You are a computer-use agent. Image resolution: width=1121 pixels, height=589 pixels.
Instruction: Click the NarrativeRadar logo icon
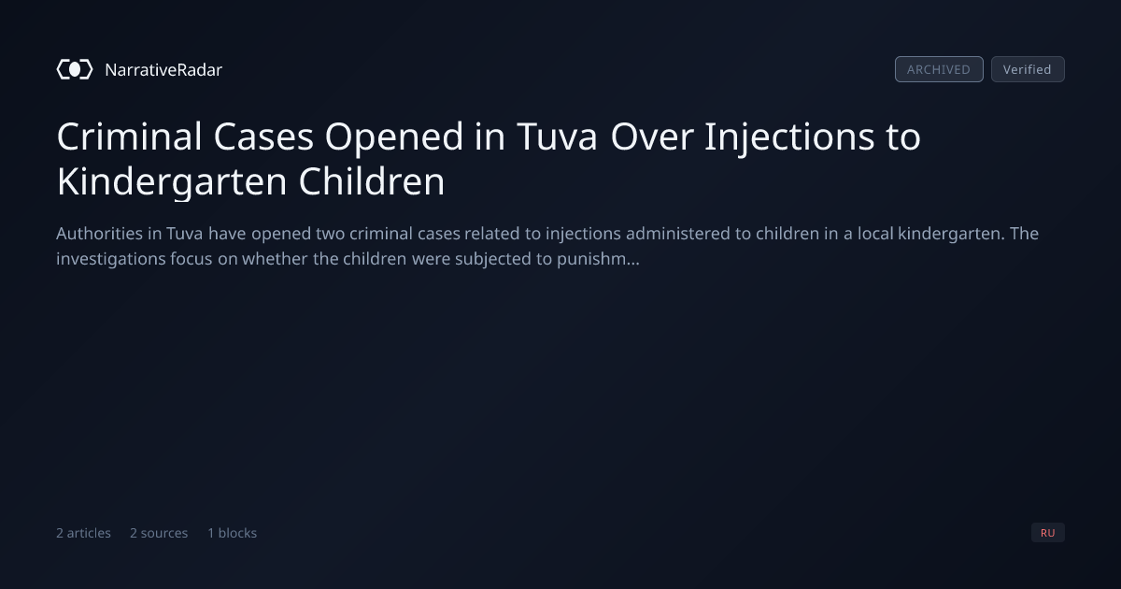(x=75, y=69)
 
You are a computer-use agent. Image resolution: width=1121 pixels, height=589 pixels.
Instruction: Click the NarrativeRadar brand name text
(x=163, y=69)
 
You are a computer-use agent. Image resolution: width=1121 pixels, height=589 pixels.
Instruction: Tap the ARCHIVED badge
(x=939, y=69)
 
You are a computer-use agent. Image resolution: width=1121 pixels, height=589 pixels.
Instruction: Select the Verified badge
(x=1028, y=69)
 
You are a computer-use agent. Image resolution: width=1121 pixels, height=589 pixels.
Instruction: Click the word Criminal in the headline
(x=130, y=136)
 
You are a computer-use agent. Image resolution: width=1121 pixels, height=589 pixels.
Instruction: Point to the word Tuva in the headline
(x=557, y=136)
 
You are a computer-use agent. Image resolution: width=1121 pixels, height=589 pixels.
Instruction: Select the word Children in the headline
(x=372, y=180)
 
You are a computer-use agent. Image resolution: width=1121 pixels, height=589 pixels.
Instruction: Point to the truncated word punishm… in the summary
(x=598, y=260)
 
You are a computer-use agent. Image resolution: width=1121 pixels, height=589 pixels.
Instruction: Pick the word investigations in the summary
(x=110, y=260)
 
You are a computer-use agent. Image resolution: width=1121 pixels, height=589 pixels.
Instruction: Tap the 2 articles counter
(x=83, y=533)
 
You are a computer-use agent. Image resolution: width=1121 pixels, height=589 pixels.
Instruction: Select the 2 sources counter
(x=159, y=533)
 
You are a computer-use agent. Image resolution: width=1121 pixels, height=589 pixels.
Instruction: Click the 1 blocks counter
(x=233, y=533)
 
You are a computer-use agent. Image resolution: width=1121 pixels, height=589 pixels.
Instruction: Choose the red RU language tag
(x=1048, y=532)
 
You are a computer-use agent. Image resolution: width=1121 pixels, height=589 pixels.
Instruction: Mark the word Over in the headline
(x=652, y=136)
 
